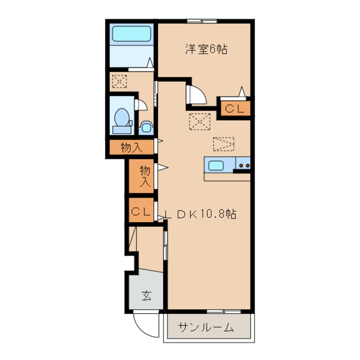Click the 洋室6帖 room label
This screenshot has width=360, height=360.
coord(206,49)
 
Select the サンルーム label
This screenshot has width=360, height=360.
coord(206,327)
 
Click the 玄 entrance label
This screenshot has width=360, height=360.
coord(146,295)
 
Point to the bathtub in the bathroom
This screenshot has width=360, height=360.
coord(131,34)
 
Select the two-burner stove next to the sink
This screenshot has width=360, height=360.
coord(243,164)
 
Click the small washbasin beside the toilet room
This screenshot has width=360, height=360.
coord(146,127)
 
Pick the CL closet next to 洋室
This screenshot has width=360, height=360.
coord(234,109)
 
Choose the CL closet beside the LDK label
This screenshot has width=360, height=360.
coord(141,211)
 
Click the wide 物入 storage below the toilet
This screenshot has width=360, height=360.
coord(131,148)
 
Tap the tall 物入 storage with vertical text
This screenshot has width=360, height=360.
coord(144,176)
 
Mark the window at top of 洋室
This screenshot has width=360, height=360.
coord(202,21)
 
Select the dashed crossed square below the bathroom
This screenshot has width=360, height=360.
coord(119,81)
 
